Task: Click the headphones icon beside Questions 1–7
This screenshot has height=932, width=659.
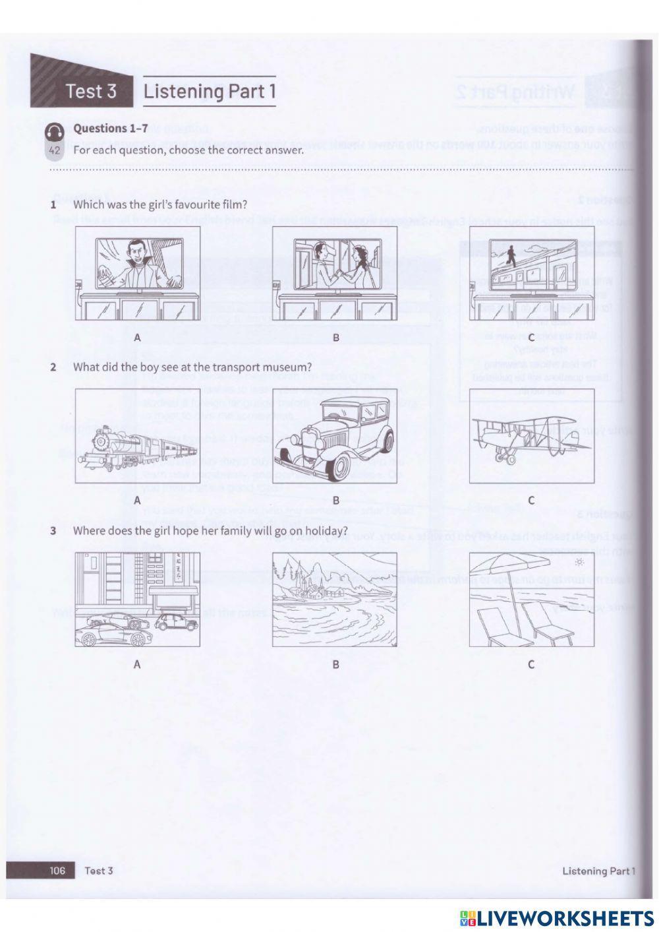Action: [x=55, y=133]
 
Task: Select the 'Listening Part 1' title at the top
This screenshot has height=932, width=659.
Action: [x=209, y=92]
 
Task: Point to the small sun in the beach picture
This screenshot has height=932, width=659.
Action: [x=579, y=562]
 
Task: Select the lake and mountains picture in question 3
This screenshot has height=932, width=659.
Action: [x=335, y=600]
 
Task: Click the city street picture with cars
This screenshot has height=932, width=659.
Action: [x=137, y=600]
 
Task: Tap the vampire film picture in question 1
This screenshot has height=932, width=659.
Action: [x=137, y=263]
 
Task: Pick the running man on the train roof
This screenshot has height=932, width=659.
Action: [x=511, y=253]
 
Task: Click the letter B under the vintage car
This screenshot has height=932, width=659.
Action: [x=335, y=500]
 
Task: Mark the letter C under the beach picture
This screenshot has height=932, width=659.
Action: [x=531, y=664]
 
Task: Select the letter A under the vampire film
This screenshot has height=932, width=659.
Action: [x=137, y=337]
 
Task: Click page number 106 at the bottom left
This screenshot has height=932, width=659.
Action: [x=57, y=870]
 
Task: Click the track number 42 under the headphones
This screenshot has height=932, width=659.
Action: [x=55, y=151]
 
